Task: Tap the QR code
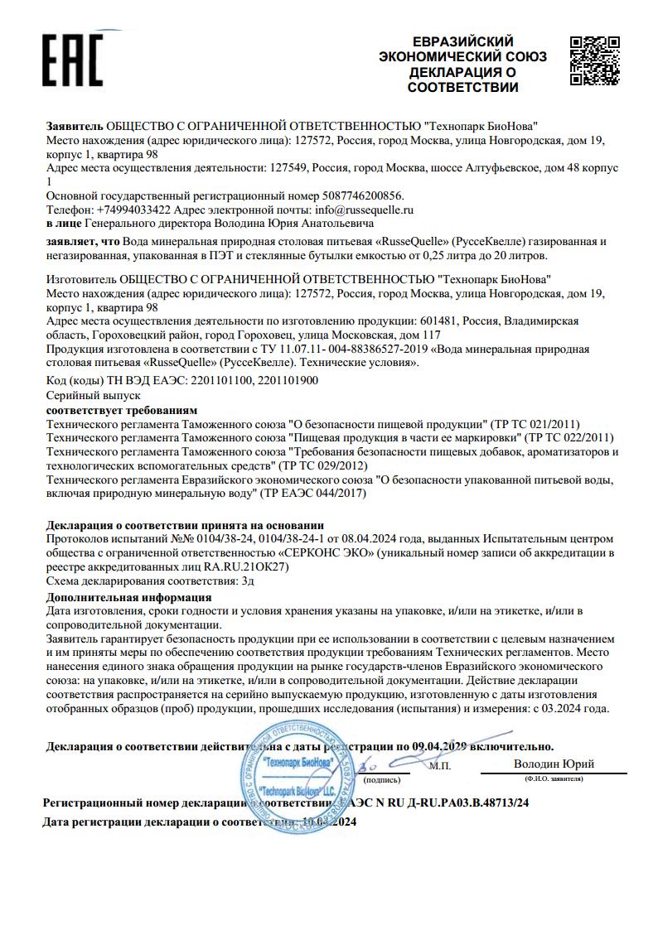(595, 60)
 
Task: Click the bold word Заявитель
(75, 126)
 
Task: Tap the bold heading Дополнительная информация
(128, 597)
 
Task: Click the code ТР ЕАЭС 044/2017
(316, 494)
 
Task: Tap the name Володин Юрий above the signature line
(554, 764)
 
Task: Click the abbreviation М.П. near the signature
(440, 767)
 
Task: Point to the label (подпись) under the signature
(382, 778)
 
